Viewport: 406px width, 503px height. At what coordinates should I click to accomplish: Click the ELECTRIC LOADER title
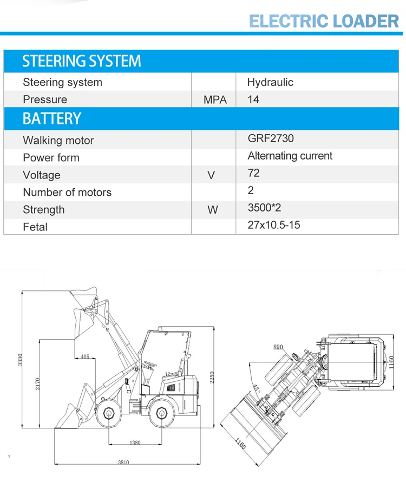click(324, 21)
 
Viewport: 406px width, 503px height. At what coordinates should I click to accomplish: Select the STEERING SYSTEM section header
click(81, 61)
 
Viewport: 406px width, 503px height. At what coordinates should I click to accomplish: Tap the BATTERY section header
click(52, 118)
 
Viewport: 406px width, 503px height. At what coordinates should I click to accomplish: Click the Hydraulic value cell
click(270, 82)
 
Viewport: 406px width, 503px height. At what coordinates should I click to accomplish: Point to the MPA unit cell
click(215, 100)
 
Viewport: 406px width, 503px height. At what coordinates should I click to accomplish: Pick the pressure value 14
click(253, 100)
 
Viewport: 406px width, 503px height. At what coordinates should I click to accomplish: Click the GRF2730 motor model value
click(271, 138)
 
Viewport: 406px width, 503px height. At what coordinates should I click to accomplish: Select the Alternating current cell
click(290, 156)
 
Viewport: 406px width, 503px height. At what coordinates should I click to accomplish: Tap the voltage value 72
click(253, 173)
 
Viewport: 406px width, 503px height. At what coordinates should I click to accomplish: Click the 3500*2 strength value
click(264, 207)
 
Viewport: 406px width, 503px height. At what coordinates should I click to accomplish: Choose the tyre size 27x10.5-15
click(273, 224)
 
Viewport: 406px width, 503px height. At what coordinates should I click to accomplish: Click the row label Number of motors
click(67, 193)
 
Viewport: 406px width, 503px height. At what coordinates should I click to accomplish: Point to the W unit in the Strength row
click(213, 210)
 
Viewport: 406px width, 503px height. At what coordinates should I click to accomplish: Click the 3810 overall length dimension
click(123, 462)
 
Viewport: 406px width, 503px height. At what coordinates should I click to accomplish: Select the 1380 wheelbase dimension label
click(135, 442)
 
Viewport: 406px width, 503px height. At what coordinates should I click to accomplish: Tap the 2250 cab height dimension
click(213, 378)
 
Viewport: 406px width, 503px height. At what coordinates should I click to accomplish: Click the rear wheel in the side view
click(161, 413)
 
